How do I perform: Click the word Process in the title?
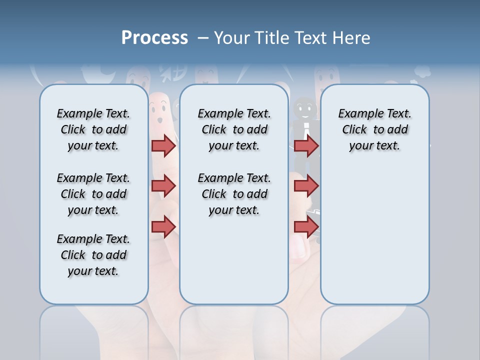coord(154,38)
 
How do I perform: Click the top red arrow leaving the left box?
coord(163,145)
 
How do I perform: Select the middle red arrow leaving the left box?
coord(163,186)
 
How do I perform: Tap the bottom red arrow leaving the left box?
coord(163,227)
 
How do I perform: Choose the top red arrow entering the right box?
coord(306,145)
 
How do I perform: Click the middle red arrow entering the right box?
coord(306,186)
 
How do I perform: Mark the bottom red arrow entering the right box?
coord(306,227)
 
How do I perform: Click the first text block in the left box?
coord(93,129)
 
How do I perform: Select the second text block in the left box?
coord(93,194)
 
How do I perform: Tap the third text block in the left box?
coord(93,255)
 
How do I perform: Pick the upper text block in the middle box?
coord(234,129)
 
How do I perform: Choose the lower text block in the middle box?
coord(234,194)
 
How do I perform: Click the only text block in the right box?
coord(374,129)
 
